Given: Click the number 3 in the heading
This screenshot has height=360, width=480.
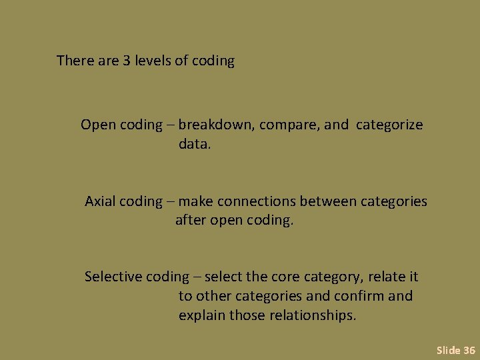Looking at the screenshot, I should click(x=126, y=61).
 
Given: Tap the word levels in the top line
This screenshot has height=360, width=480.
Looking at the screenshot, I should click(x=153, y=61).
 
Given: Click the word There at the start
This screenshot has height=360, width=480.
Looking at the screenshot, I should click(x=75, y=61).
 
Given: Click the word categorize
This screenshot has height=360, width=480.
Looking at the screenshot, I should click(x=389, y=125).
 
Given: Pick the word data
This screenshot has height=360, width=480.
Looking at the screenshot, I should click(x=194, y=144).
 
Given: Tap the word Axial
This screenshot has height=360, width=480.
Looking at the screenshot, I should click(x=100, y=201).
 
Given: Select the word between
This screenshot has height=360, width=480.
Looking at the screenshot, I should click(x=328, y=201).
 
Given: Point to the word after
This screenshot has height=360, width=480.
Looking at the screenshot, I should click(x=191, y=220).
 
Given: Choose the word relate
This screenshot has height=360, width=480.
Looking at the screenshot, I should click(x=387, y=277).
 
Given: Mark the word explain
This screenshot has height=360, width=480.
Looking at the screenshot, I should click(x=202, y=315).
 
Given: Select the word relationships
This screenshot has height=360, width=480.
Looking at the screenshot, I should click(x=313, y=315).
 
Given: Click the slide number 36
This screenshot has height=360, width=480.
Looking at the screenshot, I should click(x=469, y=350).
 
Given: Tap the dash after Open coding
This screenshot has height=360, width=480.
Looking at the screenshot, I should click(x=170, y=125).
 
